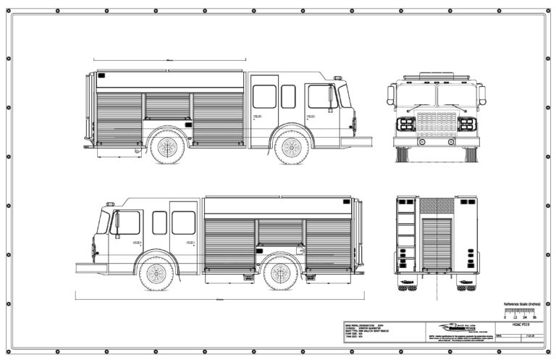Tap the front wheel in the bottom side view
156,273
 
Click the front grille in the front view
431,121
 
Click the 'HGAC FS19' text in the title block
521,325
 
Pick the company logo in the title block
449,326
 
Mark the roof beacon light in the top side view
337,76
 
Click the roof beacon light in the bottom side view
110,204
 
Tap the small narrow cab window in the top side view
288,96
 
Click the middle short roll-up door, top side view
167,106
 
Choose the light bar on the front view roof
431,75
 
